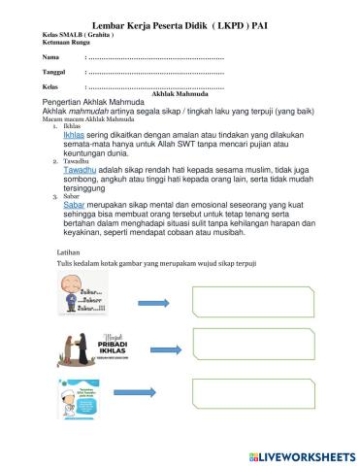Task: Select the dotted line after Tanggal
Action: tap(155, 74)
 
